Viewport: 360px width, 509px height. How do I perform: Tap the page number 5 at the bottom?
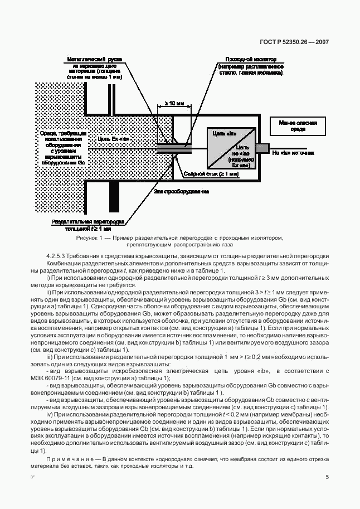327,477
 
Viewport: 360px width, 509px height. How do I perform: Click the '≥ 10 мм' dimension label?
174,104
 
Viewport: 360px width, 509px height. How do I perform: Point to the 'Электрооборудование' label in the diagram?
182,191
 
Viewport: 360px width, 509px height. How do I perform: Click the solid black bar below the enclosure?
114,197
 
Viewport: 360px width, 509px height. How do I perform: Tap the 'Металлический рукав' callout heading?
95,59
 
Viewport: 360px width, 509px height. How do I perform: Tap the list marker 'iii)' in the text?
50,356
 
